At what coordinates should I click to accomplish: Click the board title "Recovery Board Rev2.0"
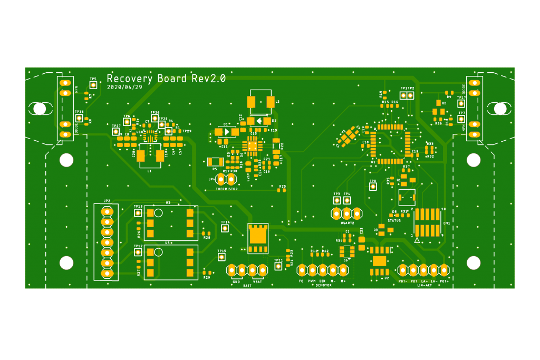[x=166, y=79]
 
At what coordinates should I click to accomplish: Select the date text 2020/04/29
[x=124, y=87]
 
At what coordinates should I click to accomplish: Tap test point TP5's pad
[x=93, y=85]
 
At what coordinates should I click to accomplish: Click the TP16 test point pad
[x=79, y=119]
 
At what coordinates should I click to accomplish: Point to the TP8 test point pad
[x=373, y=187]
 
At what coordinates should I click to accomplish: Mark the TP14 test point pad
[x=225, y=228]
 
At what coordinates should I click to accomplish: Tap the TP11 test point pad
[x=278, y=267]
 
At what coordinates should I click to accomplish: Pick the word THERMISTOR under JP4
[x=226, y=189]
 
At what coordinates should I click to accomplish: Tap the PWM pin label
[x=312, y=281]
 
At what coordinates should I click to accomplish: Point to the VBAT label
[x=257, y=281]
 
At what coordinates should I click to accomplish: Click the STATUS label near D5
[x=394, y=220]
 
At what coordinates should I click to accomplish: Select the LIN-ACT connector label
[x=425, y=285]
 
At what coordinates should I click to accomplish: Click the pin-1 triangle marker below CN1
[x=417, y=240]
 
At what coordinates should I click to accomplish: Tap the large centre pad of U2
[x=379, y=261]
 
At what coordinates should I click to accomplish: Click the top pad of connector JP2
[x=107, y=211]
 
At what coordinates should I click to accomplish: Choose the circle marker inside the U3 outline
[x=158, y=213]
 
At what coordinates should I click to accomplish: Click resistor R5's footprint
[x=215, y=162]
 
